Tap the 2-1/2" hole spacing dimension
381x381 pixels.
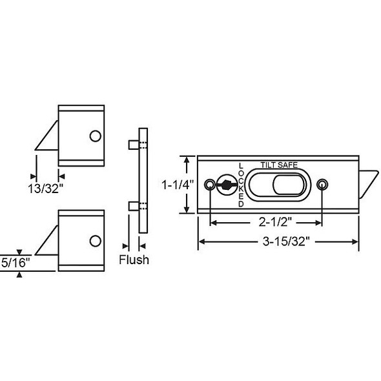266,223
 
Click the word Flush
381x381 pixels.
134,260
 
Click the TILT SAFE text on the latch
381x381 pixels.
279,165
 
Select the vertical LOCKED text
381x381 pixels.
242,185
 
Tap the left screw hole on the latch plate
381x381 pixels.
209,185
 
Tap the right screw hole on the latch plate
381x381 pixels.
322,185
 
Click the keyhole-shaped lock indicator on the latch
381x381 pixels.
226,185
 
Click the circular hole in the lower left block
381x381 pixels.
95,240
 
